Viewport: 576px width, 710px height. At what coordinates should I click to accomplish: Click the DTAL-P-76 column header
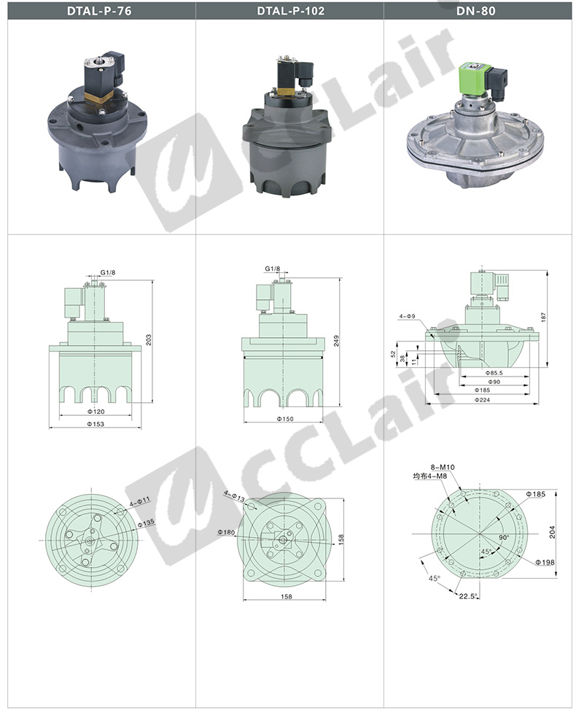(x=99, y=11)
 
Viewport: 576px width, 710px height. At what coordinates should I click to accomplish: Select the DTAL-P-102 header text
(x=290, y=11)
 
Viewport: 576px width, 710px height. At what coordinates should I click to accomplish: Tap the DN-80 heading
(x=475, y=11)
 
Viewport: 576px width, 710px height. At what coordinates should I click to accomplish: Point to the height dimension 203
(x=149, y=340)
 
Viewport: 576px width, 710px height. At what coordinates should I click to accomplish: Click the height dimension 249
(x=336, y=341)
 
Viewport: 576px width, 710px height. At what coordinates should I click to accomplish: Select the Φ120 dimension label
(x=96, y=411)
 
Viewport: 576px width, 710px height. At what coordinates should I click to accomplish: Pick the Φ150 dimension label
(x=285, y=418)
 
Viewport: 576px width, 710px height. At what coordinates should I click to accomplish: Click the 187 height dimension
(x=543, y=317)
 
